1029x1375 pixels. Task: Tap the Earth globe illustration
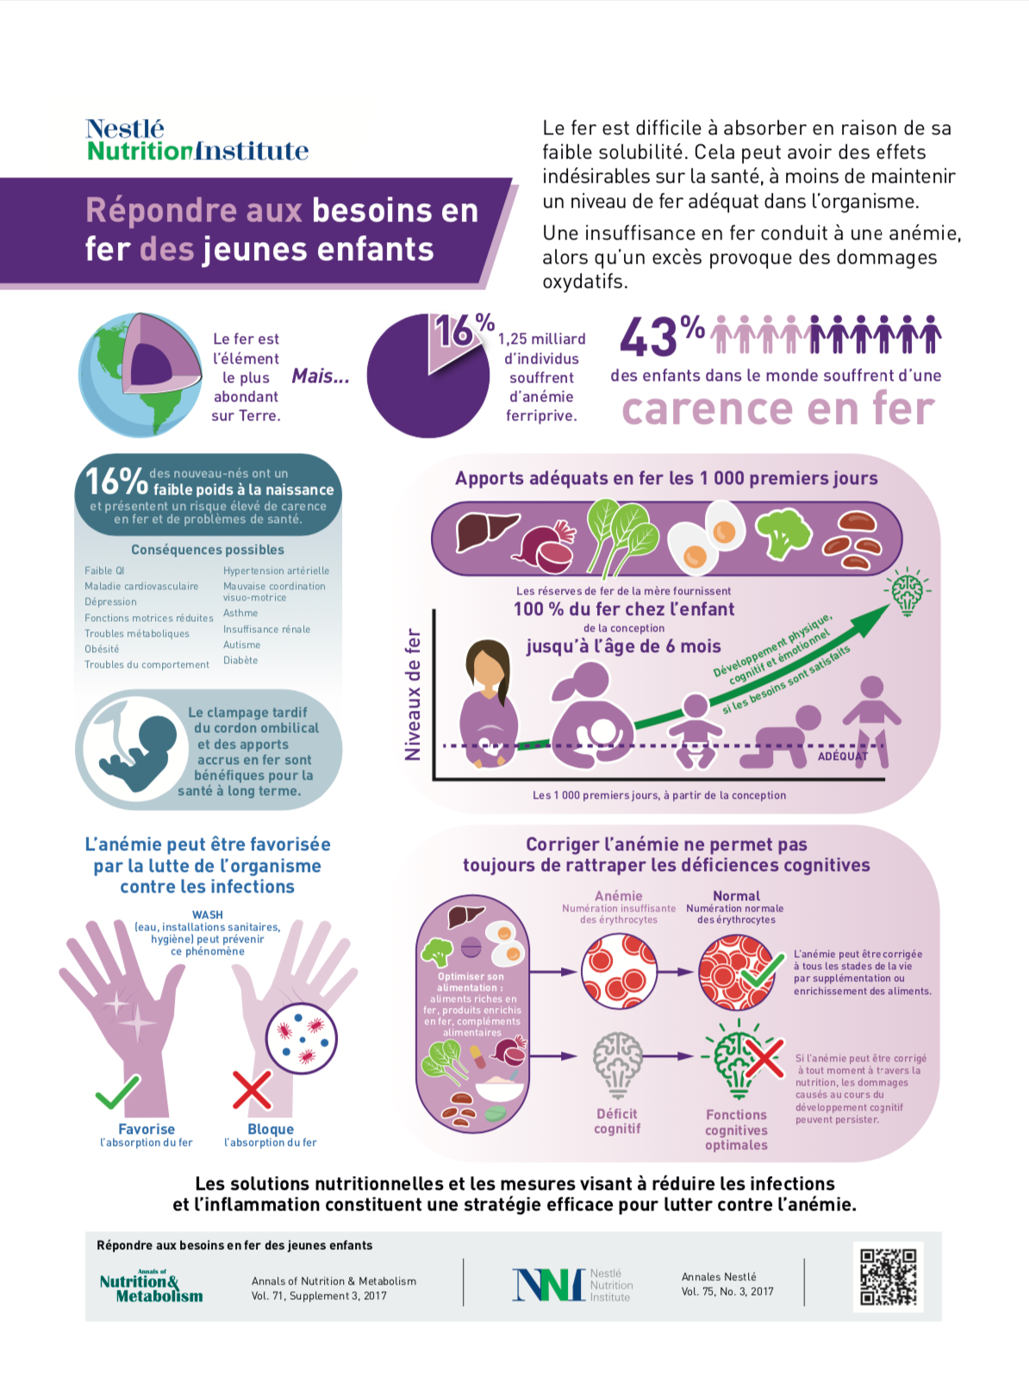click(140, 375)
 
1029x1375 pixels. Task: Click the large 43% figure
click(663, 335)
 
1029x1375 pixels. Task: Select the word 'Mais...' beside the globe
click(321, 376)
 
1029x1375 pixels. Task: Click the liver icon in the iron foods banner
click(486, 532)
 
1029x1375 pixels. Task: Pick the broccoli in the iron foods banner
click(783, 533)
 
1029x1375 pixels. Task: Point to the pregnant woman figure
click(489, 704)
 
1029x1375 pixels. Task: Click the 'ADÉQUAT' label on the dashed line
click(843, 756)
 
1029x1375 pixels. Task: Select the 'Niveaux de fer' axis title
click(413, 694)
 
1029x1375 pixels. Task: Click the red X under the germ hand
click(252, 1089)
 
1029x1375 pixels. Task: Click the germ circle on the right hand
click(302, 1036)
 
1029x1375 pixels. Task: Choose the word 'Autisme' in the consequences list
click(242, 644)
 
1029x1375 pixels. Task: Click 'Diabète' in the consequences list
click(240, 660)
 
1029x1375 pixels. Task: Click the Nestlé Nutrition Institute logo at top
click(196, 140)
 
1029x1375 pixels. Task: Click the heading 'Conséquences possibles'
click(208, 550)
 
